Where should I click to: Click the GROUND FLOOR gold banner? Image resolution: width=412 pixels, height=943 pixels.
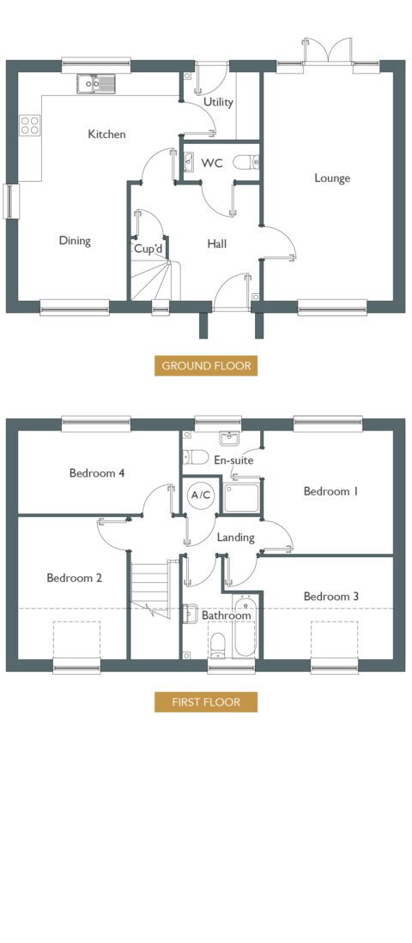(x=206, y=366)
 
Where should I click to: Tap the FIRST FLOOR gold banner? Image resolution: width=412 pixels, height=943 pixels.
(x=206, y=702)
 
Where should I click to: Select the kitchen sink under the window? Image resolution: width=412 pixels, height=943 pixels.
(x=96, y=84)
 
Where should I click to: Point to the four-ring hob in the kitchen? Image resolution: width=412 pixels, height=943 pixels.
(x=29, y=125)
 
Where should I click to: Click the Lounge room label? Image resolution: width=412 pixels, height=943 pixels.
(x=332, y=178)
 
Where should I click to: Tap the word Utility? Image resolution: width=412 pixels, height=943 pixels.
(x=218, y=102)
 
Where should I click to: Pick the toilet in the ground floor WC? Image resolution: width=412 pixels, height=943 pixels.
(x=245, y=162)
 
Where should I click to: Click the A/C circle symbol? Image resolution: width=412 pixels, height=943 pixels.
(x=200, y=495)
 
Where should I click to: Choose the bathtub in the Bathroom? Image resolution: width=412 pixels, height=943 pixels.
(x=245, y=626)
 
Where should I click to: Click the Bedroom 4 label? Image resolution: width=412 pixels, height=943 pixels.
(x=97, y=473)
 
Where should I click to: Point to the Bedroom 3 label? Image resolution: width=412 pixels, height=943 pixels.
(x=331, y=597)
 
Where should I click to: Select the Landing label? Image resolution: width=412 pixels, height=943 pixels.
(x=235, y=538)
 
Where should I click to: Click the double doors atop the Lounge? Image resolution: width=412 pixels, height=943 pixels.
(x=327, y=51)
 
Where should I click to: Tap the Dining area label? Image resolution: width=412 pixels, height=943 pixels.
(x=75, y=241)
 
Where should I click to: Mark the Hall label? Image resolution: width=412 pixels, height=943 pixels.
(x=217, y=243)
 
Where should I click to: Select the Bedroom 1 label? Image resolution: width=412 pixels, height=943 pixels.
(x=331, y=491)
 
